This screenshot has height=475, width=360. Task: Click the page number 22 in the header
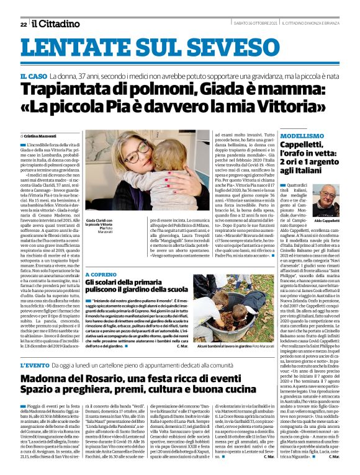click(x=23, y=24)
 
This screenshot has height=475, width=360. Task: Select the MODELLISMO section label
click(x=302, y=135)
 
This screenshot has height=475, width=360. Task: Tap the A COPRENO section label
click(x=101, y=273)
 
